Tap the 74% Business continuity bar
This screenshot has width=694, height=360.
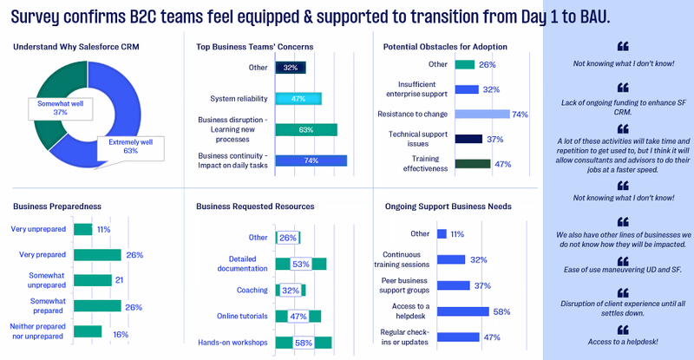311,160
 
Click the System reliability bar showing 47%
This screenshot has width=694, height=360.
298,98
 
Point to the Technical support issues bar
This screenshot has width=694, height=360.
468,139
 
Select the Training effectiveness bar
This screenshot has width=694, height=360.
473,163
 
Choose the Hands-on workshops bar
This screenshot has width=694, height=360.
304,343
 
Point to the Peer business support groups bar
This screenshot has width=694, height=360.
453,285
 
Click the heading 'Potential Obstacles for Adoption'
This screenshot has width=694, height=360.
445,46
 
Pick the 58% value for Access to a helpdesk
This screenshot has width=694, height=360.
501,311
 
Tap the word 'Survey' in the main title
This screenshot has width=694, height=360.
44,16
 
